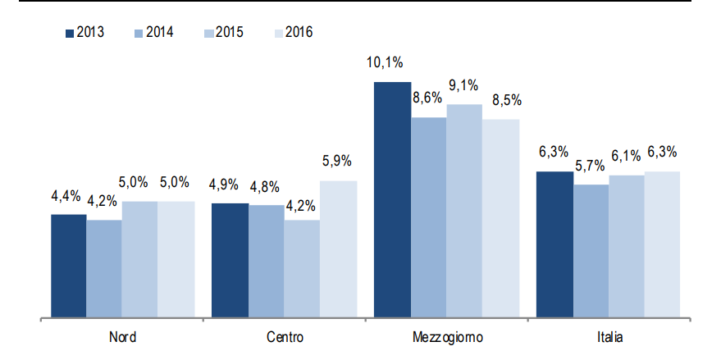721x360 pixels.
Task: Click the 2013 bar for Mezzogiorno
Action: coord(392,199)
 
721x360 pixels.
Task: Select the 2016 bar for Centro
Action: coord(338,248)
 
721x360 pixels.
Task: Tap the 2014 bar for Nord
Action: coord(104,268)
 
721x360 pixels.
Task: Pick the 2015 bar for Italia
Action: coord(627,246)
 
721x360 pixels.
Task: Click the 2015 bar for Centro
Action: coord(302,268)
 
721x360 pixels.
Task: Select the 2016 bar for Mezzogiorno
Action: coord(500,218)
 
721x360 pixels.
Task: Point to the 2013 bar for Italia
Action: coord(554,244)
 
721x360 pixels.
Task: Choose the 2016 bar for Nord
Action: coord(176,259)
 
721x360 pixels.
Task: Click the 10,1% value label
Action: coord(385,64)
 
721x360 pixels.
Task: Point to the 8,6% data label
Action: coord(427,98)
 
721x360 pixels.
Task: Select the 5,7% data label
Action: coord(590,166)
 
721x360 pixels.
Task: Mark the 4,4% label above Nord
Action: coord(66,196)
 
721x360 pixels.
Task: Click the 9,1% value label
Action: coord(464,85)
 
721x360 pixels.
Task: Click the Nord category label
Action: coord(122,337)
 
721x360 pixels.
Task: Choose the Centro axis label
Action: coord(285,337)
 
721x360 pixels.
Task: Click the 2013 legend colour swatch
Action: coord(69,33)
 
